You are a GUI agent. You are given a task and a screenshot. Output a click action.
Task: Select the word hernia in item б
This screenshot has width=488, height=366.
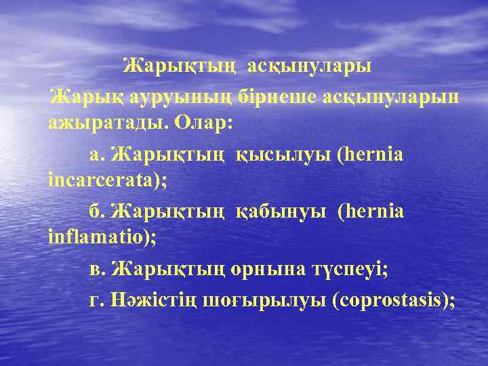tap(375, 211)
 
